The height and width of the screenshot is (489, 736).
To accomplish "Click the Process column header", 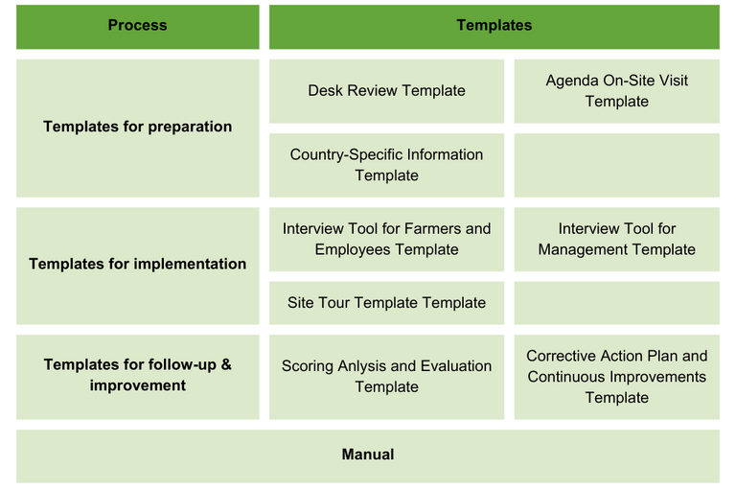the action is coord(138,27).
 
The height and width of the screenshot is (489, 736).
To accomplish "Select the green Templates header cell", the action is coord(494,27).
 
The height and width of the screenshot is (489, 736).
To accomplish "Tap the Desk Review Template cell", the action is coord(387,91).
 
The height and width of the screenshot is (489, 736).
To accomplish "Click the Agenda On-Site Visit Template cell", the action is coord(617,91).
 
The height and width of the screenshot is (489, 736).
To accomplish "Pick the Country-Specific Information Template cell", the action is coord(387,165).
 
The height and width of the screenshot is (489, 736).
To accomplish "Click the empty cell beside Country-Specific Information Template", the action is coord(617,165).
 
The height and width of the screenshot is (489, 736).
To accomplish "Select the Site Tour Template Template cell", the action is coord(387,303).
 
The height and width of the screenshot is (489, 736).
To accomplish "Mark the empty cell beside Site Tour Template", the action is coord(617,303).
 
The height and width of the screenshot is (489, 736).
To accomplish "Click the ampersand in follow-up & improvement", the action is coord(226,364).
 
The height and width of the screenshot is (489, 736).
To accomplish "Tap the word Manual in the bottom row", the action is coord(368,454).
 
